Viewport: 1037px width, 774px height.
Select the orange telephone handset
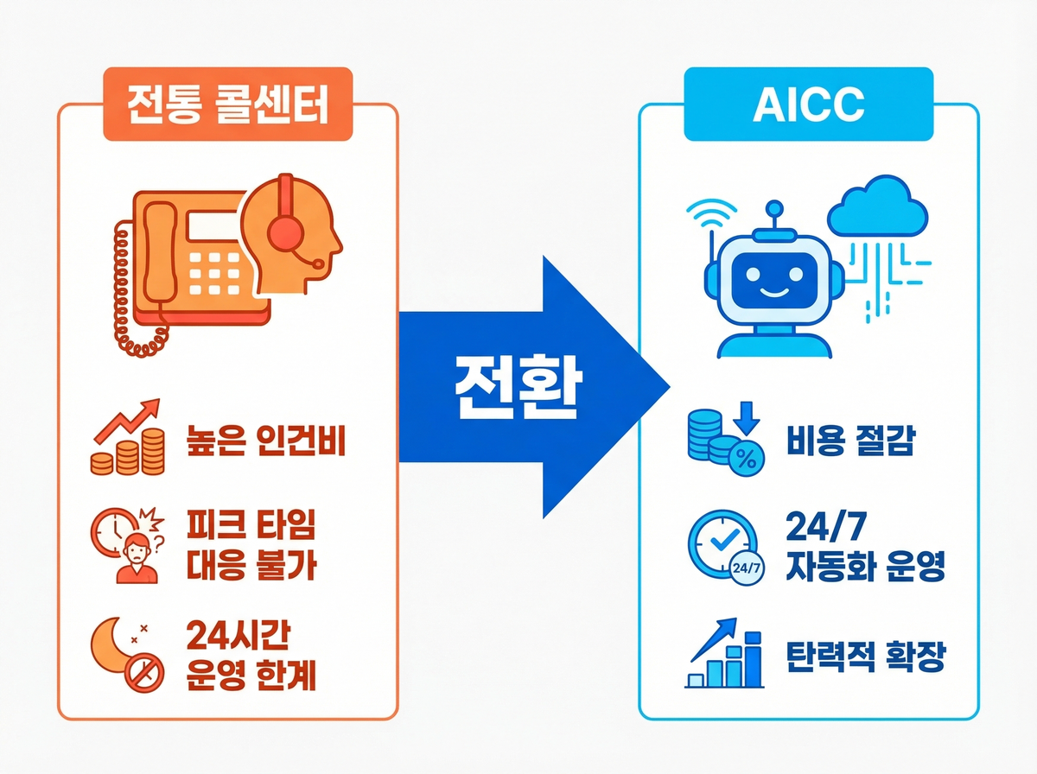pyautogui.click(x=159, y=251)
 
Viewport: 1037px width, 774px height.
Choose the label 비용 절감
pyautogui.click(x=850, y=442)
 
